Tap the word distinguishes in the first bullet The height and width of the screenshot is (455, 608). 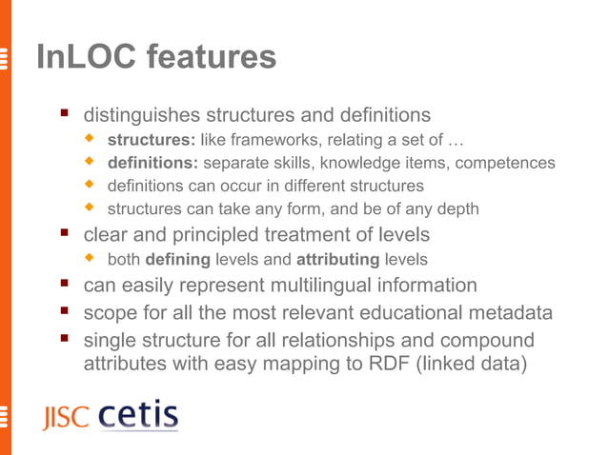click(142, 116)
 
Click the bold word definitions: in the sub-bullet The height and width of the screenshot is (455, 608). click(152, 164)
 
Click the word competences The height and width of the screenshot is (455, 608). click(505, 164)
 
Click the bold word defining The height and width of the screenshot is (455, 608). click(177, 259)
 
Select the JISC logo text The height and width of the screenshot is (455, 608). click(65, 418)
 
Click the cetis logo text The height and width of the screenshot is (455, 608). click(138, 416)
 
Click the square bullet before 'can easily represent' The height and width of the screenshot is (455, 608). click(65, 285)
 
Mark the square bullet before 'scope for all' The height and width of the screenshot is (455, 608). click(65, 311)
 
